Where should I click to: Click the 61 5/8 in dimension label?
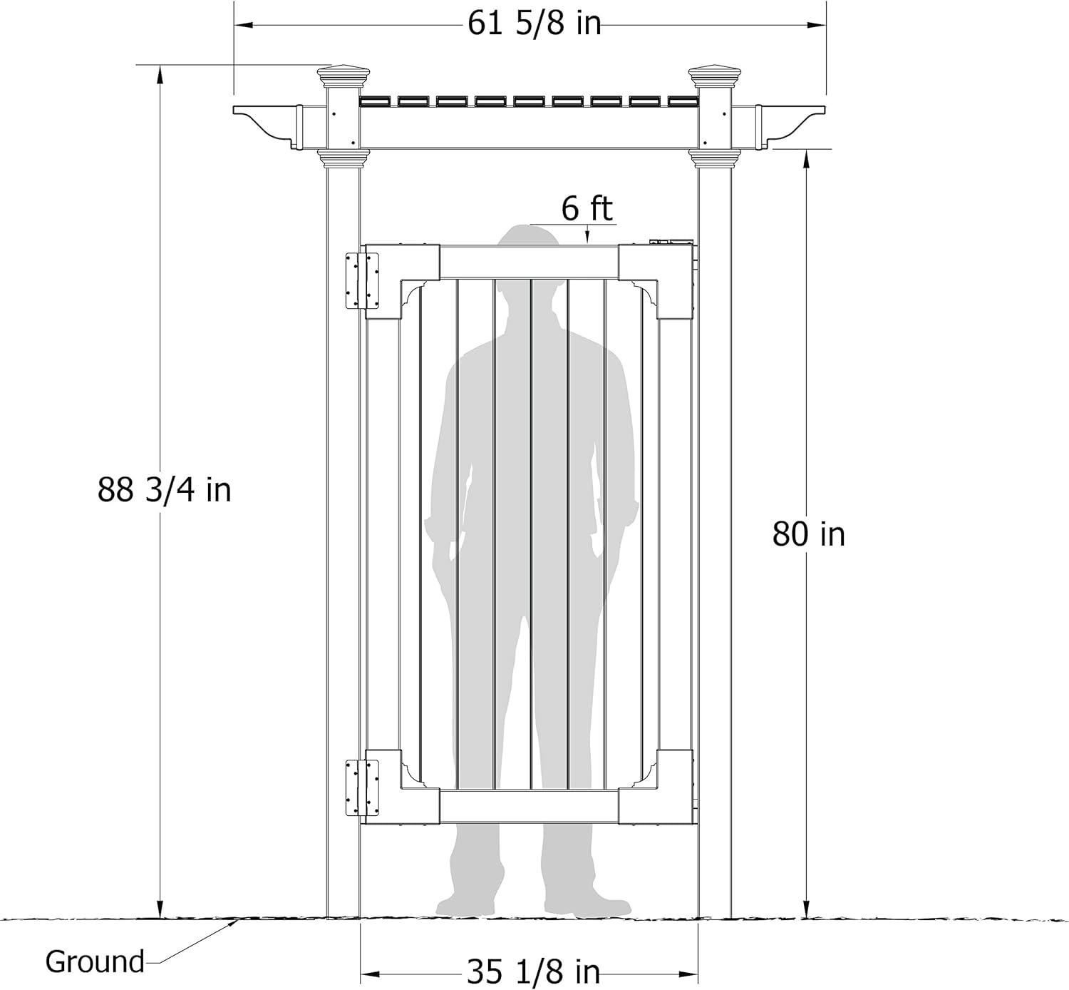[534, 24]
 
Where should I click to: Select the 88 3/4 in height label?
[165, 491]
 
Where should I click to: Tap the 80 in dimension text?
[808, 534]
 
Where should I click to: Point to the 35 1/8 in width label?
[533, 971]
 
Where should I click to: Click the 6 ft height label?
[587, 209]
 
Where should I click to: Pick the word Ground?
[95, 961]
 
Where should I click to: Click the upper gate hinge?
[361, 280]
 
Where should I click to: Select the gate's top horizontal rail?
[528, 262]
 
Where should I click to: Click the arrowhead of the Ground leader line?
[234, 922]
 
